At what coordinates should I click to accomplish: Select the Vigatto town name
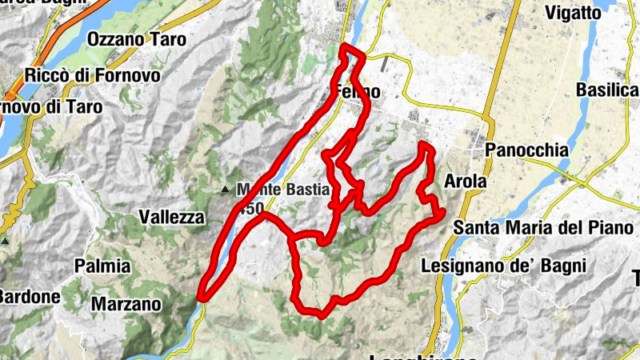[594, 12]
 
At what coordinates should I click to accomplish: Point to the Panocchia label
[526, 150]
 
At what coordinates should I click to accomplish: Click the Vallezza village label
[172, 217]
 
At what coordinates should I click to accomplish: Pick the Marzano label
[126, 304]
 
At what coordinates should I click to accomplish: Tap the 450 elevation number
[250, 208]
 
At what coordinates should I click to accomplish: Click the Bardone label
[29, 297]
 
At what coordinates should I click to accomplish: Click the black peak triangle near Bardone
[5, 241]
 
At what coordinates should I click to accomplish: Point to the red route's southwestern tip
[202, 298]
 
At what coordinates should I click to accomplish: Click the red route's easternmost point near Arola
[442, 211]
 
